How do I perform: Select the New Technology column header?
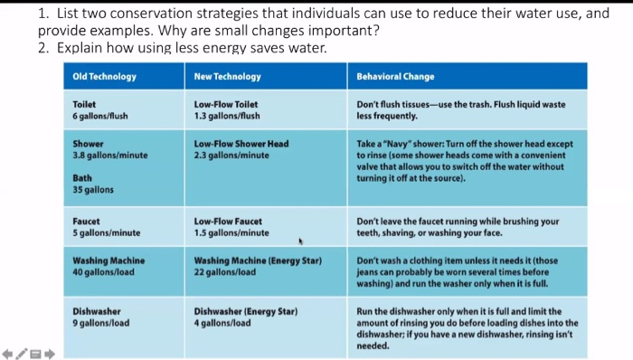[227, 77]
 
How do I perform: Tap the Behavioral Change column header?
[395, 77]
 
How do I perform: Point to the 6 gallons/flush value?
[101, 116]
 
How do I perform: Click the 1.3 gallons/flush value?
[227, 116]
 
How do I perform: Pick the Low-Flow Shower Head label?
[241, 144]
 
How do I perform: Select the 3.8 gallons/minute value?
[109, 155]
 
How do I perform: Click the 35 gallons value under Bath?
[93, 190]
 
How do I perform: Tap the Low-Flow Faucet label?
[228, 222]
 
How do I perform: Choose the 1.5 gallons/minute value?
[231, 233]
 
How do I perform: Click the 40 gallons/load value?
[103, 272]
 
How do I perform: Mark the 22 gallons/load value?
[225, 272]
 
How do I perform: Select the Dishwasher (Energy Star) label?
[246, 312]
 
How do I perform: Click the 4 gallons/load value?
[223, 323]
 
